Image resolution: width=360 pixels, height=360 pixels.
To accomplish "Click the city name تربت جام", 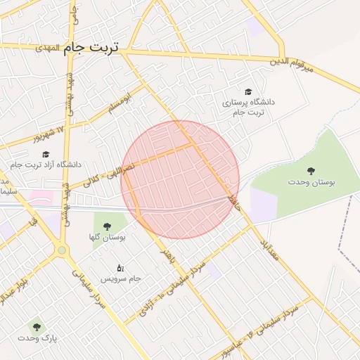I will tap(91, 48).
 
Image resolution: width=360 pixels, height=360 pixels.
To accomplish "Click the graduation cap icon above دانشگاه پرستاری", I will tap(248, 91).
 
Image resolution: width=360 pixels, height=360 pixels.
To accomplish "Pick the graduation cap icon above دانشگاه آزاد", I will tap(46, 154).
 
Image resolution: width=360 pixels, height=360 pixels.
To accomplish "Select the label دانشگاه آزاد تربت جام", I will tap(46, 165).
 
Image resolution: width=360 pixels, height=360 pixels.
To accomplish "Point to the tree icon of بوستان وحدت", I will tap(311, 170).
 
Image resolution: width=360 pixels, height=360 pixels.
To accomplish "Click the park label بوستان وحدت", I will tap(311, 182).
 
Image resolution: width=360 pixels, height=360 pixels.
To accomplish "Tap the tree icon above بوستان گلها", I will tap(106, 226).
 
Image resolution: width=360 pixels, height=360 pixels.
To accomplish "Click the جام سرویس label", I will tap(121, 278).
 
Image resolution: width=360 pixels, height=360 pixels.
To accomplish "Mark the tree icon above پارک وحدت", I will tap(37, 327).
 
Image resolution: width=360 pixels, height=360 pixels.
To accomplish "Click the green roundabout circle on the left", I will tap(62, 250).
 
